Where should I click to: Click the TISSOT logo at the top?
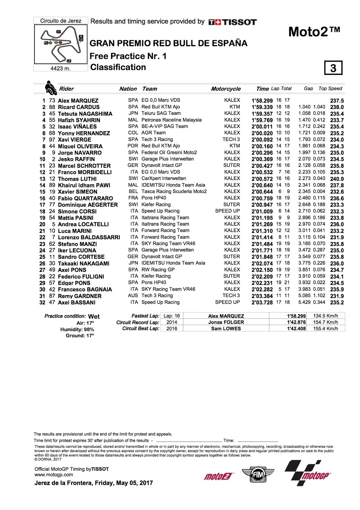pyautogui.click(x=232, y=22)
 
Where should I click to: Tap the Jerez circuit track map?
pyautogui.click(x=61, y=44)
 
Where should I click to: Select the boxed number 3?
pyautogui.click(x=333, y=68)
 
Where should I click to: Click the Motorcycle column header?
pyautogui.click(x=226, y=89)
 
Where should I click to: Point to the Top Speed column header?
pyautogui.click(x=330, y=89)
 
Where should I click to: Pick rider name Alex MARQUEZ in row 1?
pyautogui.click(x=78, y=101)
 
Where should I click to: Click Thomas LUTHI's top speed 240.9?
pyautogui.click(x=337, y=179)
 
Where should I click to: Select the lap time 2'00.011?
pyautogui.click(x=262, y=127)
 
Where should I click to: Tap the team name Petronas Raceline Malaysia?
pyautogui.click(x=171, y=120)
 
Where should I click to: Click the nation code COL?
pyautogui.click(x=133, y=133)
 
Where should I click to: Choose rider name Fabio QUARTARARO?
pyautogui.click(x=85, y=198)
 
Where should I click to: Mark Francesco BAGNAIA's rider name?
pyautogui.click(x=85, y=289)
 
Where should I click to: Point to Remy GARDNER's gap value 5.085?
pyautogui.click(x=304, y=296)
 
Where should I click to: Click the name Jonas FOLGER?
pyautogui.click(x=226, y=322)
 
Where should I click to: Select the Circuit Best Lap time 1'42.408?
pyautogui.click(x=296, y=329)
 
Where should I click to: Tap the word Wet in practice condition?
pyautogui.click(x=94, y=317)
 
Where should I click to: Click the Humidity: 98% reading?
pyautogui.click(x=77, y=330)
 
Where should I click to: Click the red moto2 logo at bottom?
pyautogui.click(x=218, y=476)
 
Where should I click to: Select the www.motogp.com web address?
pyautogui.click(x=54, y=475)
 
